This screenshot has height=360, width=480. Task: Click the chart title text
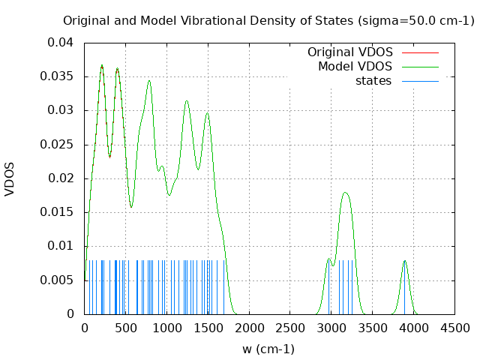268,20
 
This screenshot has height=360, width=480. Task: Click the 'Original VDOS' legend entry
349,52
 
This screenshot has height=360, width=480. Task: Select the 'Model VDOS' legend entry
355,67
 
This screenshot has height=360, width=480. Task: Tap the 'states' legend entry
373,81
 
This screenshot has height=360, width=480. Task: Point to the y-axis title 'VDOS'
10,178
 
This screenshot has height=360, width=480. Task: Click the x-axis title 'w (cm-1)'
268,349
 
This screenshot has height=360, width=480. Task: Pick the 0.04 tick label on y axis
61,43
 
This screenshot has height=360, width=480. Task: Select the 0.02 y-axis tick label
61,178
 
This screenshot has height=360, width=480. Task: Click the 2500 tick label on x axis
290,328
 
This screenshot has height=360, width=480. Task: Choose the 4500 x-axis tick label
454,328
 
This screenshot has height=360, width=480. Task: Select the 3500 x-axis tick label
373,328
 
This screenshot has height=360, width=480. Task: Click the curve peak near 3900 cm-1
405,261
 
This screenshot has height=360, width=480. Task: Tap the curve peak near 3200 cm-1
346,193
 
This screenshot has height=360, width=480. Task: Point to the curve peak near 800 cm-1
149,81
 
